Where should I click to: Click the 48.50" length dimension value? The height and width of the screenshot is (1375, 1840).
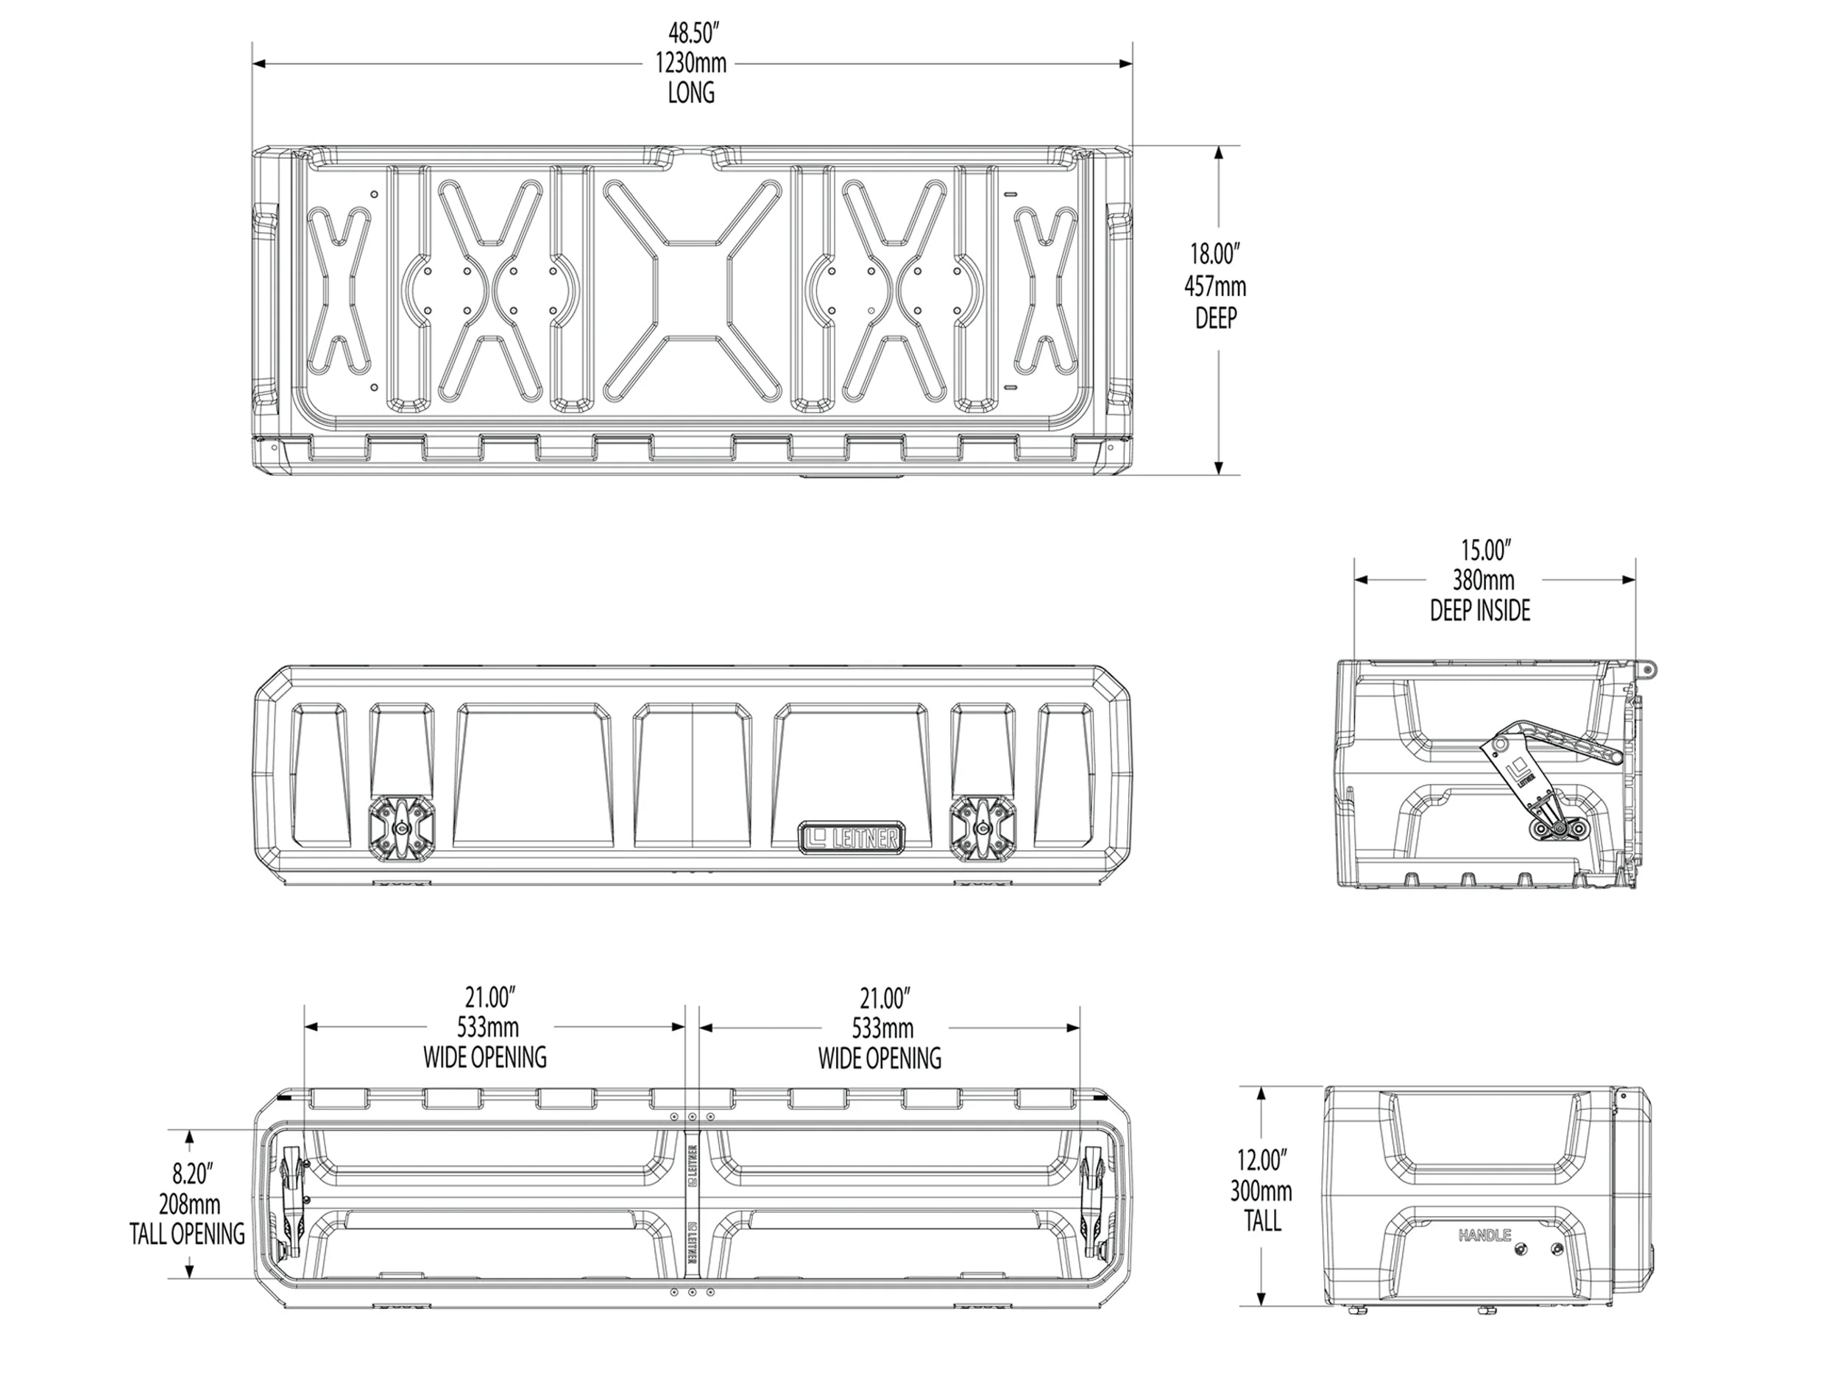tap(692, 33)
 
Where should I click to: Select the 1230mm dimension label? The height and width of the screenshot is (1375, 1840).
tap(690, 63)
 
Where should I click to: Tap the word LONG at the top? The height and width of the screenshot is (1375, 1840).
tap(690, 93)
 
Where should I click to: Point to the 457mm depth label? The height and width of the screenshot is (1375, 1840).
tap(1215, 287)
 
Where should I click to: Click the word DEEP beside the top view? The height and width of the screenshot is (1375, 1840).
tap(1215, 318)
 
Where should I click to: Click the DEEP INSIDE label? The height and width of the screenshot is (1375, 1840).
tap(1480, 610)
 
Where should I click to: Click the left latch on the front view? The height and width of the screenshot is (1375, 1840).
tap(402, 826)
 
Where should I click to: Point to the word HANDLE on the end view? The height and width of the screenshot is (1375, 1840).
tap(1484, 1236)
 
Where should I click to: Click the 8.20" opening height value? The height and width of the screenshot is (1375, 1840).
tap(193, 1174)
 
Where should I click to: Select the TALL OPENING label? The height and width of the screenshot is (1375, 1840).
tap(187, 1234)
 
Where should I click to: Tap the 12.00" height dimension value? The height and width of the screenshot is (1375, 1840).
tap(1261, 1159)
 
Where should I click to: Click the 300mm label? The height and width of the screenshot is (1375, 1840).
tap(1261, 1191)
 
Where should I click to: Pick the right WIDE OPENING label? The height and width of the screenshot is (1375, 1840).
tap(880, 1058)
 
